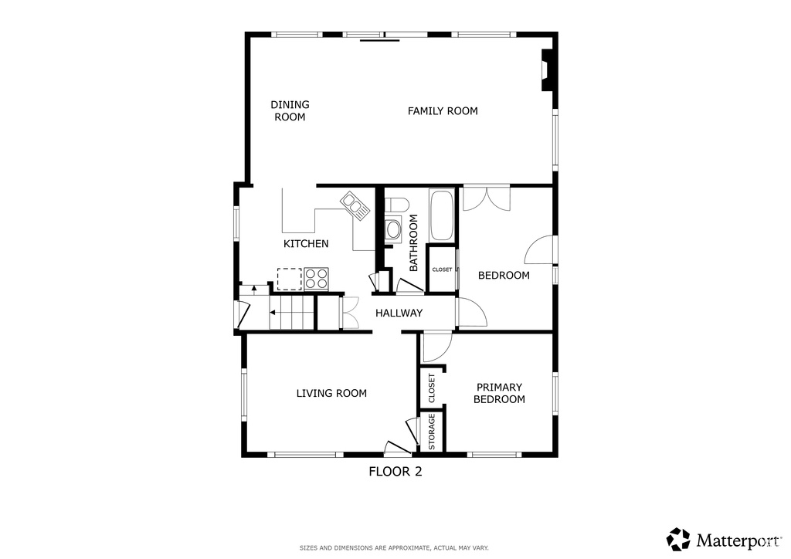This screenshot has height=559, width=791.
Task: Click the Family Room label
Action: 443,111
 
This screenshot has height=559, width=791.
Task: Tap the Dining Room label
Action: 290,111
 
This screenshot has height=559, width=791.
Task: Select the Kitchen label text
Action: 306,244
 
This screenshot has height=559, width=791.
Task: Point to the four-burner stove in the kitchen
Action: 316,279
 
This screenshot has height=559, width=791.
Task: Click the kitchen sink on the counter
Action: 355,206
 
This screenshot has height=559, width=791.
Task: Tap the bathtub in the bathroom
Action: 442,215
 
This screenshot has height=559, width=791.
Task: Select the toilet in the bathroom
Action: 396,205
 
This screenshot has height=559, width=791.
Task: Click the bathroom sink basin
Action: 393,230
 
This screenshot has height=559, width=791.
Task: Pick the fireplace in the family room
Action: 548,70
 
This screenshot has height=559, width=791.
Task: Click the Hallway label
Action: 399,313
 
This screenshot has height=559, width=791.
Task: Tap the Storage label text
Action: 432,432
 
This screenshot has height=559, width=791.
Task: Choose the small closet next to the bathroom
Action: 442,269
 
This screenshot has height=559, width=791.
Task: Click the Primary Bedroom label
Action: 500,393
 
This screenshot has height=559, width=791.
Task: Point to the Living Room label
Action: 331,393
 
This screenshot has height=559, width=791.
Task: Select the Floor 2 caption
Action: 395,472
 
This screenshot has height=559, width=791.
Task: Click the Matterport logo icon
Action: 678,540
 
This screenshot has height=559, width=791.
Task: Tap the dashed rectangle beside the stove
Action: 290,279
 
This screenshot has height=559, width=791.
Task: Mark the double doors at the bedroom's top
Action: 487,198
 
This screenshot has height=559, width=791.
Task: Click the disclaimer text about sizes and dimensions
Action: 394,548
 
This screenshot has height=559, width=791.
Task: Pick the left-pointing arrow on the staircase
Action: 273,313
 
